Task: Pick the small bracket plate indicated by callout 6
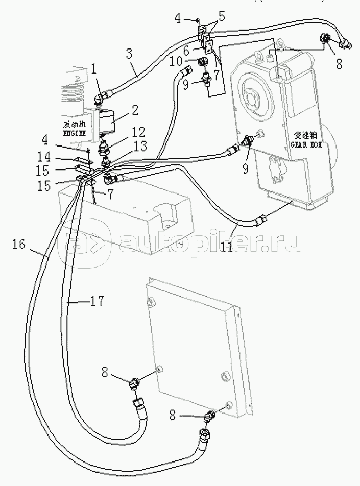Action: tap(208, 47)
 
